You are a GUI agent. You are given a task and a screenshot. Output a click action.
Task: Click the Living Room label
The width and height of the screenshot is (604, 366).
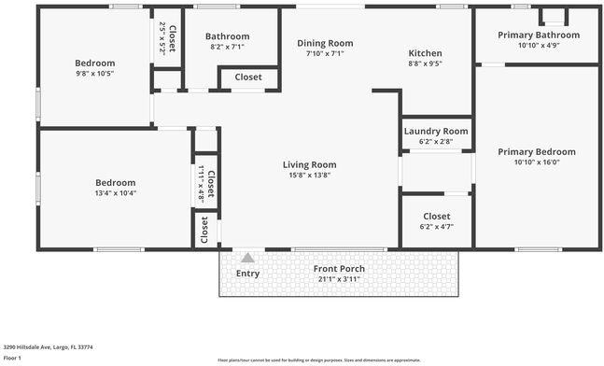(309, 164)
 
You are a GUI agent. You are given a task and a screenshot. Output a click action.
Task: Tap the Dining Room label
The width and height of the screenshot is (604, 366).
(325, 43)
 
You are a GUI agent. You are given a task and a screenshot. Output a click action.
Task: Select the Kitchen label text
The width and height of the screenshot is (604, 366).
(425, 53)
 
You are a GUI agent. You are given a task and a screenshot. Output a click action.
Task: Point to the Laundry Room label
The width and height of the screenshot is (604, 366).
(436, 131)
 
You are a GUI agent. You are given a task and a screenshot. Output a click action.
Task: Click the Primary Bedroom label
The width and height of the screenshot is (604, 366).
(536, 151)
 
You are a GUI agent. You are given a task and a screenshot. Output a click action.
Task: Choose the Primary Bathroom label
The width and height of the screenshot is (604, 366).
(538, 35)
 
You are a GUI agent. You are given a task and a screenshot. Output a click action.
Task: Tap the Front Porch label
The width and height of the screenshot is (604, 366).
(339, 269)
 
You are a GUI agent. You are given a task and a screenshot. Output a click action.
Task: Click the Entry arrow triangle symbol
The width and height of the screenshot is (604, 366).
(247, 258)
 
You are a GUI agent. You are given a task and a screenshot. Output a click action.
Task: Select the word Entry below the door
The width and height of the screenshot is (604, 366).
(248, 273)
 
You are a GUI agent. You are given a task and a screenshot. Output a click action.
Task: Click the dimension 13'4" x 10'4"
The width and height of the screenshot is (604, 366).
(116, 193)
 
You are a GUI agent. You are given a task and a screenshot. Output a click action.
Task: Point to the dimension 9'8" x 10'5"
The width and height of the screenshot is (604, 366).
(95, 73)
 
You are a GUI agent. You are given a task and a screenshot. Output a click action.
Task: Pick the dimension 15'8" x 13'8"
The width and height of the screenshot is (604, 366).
(309, 175)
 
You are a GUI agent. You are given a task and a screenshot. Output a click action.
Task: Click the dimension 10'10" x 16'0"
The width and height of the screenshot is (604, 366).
(536, 162)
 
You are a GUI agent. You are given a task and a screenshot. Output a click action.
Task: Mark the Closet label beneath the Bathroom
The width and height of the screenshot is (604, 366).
(248, 77)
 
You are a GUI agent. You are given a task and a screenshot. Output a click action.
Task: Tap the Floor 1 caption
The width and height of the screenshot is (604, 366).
(12, 358)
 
